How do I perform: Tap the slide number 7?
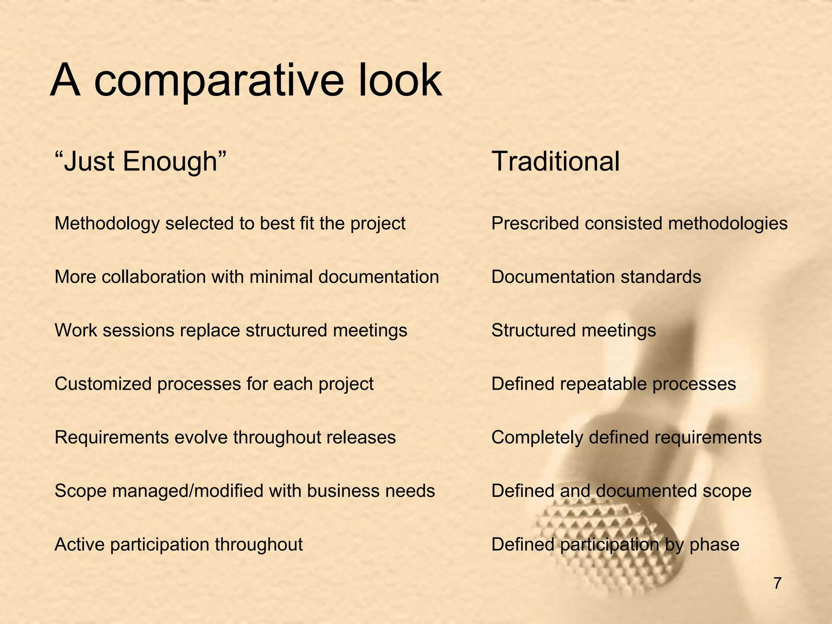[x=777, y=583]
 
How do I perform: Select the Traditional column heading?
[x=555, y=162]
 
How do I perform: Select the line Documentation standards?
[x=596, y=277]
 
